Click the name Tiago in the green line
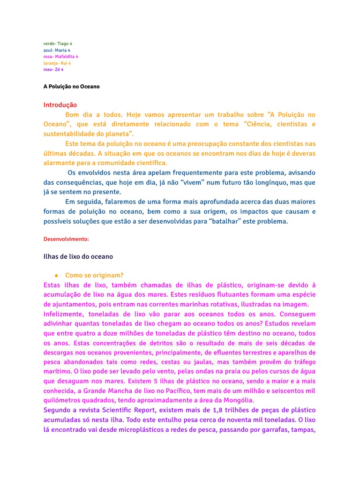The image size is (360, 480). point(63,44)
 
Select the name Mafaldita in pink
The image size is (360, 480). point(65,56)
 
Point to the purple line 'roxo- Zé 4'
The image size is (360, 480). point(53,69)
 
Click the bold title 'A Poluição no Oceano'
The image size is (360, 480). point(71,87)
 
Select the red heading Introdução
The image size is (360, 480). point(60,105)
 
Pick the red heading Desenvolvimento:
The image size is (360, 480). point(66,239)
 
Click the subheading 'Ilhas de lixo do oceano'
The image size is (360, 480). point(78,256)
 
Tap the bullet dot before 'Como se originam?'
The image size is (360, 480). point(56,275)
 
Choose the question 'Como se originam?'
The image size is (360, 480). point(94,275)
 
